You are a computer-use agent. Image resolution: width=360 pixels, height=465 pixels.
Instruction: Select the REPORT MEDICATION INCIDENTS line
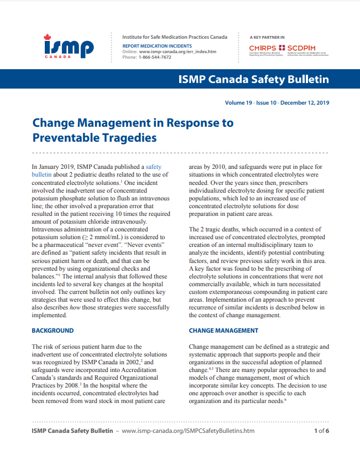[157, 45]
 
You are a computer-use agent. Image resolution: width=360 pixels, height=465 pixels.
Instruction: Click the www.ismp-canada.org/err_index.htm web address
[177, 51]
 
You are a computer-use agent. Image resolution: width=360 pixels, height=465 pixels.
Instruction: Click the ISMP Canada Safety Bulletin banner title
[253, 79]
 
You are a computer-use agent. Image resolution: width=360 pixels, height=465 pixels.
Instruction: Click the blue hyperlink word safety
[153, 166]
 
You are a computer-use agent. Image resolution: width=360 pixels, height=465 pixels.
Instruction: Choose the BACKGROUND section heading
[53, 330]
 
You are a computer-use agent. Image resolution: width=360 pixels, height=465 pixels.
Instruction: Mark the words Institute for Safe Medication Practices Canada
[174, 37]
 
